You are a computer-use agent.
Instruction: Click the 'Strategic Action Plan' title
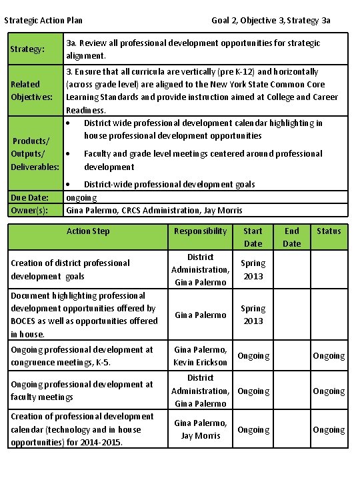click(x=43, y=21)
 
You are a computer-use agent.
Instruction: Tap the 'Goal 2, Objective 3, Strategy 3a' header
click(x=271, y=21)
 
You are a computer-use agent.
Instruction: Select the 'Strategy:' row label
click(x=27, y=49)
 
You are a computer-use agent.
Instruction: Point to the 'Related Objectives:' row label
click(x=30, y=91)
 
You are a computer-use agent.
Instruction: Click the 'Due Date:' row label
click(x=30, y=197)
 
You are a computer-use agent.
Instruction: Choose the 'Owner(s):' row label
click(x=30, y=211)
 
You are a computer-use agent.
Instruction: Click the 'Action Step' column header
click(x=88, y=231)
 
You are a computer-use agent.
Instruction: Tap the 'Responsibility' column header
click(x=200, y=231)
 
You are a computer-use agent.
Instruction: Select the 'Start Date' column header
click(x=253, y=237)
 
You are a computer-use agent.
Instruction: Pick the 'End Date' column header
click(x=292, y=237)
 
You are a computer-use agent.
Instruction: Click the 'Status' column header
click(x=329, y=231)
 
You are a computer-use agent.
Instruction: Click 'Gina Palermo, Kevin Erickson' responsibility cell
click(x=200, y=356)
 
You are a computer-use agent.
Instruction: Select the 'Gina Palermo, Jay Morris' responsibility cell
click(x=200, y=429)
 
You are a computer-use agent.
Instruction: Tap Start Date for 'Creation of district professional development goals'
click(x=253, y=269)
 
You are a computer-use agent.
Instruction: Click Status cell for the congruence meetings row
click(x=329, y=356)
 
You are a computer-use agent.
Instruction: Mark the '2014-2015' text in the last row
click(x=101, y=442)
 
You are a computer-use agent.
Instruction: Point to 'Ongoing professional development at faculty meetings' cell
click(x=83, y=391)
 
